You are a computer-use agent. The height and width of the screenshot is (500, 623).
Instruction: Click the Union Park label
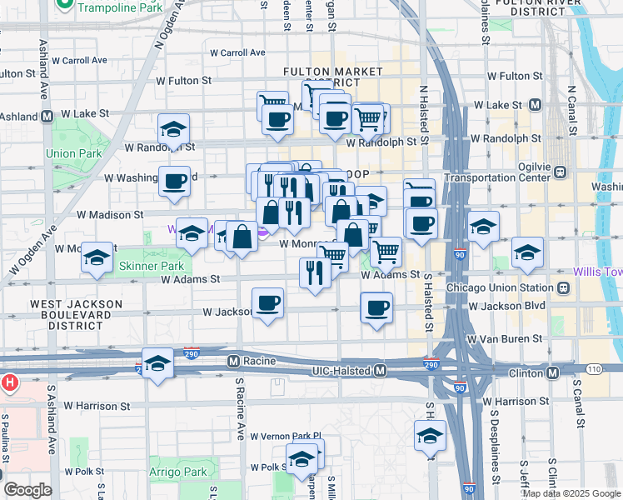pos(73,153)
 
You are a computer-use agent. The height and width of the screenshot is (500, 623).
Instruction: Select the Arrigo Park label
pos(184,472)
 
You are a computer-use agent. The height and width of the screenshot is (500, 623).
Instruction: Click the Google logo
pos(27,490)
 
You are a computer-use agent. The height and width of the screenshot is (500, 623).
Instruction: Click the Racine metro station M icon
pos(234,362)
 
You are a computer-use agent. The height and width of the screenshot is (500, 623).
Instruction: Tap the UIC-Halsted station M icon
pos(380,370)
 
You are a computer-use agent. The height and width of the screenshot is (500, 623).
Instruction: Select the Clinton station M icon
pos(552,370)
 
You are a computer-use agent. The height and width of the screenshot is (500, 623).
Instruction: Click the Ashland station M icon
pos(47,116)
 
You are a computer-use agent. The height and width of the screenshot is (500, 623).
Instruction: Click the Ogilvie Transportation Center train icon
pos(561,172)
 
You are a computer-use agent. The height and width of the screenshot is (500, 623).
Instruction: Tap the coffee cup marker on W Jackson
pos(267,304)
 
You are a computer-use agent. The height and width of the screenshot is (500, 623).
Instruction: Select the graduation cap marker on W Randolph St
pos(173,130)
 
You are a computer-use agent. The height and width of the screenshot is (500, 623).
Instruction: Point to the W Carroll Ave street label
pos(79,61)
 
